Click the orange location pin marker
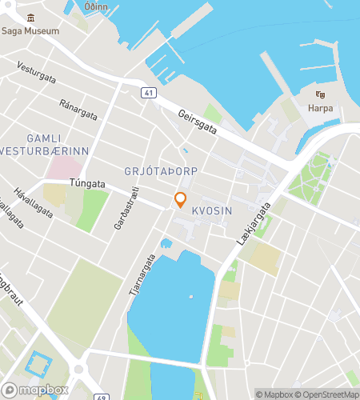(181, 199)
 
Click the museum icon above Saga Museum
(30, 18)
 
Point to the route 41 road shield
(148, 93)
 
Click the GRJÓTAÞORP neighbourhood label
(161, 172)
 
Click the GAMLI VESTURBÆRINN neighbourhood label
(44, 144)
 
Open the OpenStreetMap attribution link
(328, 394)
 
